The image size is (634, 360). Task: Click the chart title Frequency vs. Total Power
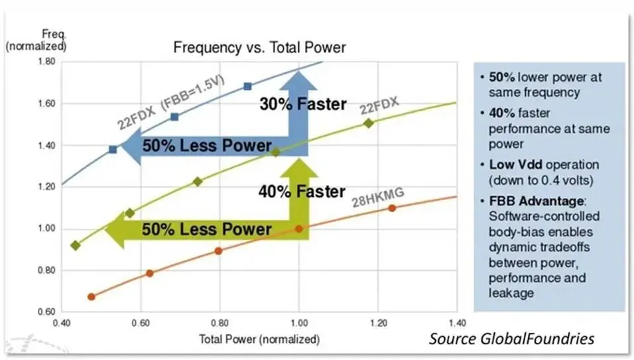[x=259, y=48]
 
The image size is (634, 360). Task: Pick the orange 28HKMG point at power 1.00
[x=299, y=229]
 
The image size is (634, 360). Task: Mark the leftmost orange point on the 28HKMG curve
[x=91, y=296]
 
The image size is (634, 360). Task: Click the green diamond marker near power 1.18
[x=369, y=123]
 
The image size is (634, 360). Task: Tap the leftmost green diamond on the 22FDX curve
[x=75, y=245]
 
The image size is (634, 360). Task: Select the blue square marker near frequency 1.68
[x=247, y=86]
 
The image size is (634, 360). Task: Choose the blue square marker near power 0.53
[x=113, y=149]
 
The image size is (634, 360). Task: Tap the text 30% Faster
[x=302, y=104]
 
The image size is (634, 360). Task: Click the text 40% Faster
[x=302, y=192]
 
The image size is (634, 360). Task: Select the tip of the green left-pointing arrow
[x=107, y=229]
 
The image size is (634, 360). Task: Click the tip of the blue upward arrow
[x=299, y=70]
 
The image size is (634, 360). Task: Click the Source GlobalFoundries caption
[x=511, y=339]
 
